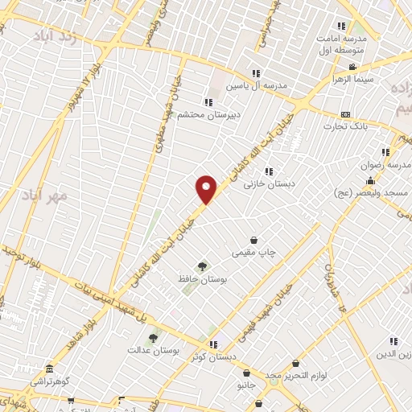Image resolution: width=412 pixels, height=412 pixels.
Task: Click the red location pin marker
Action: tap(207, 188)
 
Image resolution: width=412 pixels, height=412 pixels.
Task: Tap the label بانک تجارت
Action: tap(347, 126)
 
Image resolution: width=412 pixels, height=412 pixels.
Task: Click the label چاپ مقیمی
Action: tap(254, 253)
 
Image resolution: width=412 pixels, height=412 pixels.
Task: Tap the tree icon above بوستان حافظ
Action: tap(202, 266)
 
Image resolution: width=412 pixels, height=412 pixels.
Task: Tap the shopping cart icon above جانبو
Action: tap(247, 373)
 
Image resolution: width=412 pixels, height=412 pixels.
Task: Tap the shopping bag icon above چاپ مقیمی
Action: tap(254, 240)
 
